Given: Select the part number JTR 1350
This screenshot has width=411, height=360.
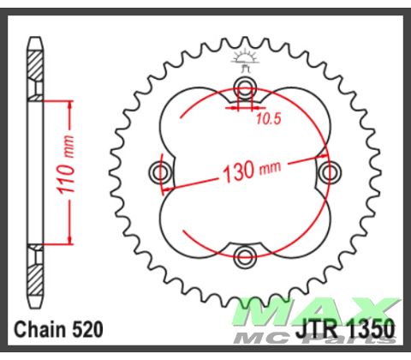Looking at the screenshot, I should pos(347,329).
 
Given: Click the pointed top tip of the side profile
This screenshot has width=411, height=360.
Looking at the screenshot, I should pos(35,38).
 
